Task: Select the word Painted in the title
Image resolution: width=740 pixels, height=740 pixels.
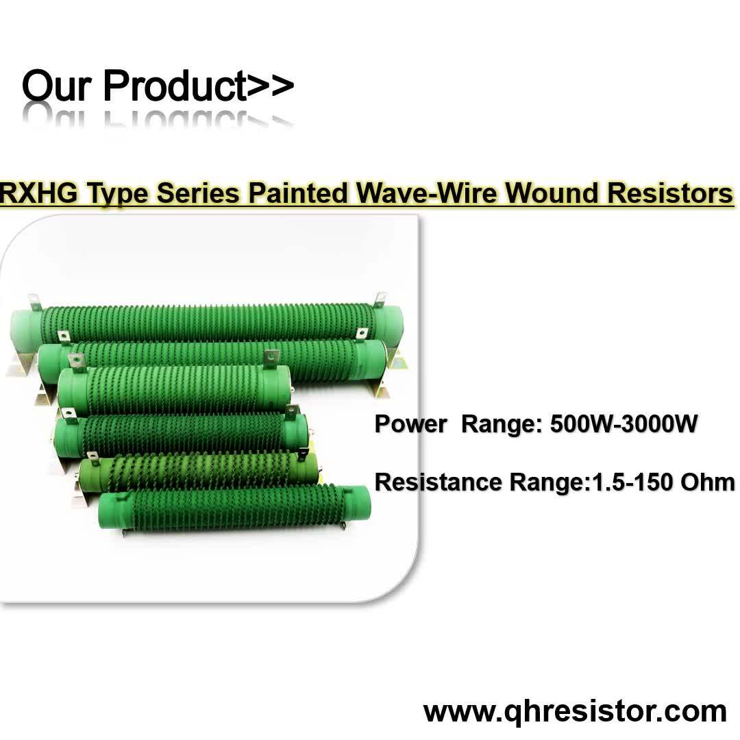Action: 298,194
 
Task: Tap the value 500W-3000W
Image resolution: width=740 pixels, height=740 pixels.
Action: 624,424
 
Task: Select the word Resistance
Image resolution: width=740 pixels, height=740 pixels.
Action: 438,482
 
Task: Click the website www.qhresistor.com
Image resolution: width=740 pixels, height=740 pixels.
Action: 575,711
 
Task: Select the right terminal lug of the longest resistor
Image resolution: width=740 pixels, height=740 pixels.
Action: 380,300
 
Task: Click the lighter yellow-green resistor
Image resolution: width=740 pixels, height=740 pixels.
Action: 199,470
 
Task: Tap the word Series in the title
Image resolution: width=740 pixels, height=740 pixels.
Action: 198,194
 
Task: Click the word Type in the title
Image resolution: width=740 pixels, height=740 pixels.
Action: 120,194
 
